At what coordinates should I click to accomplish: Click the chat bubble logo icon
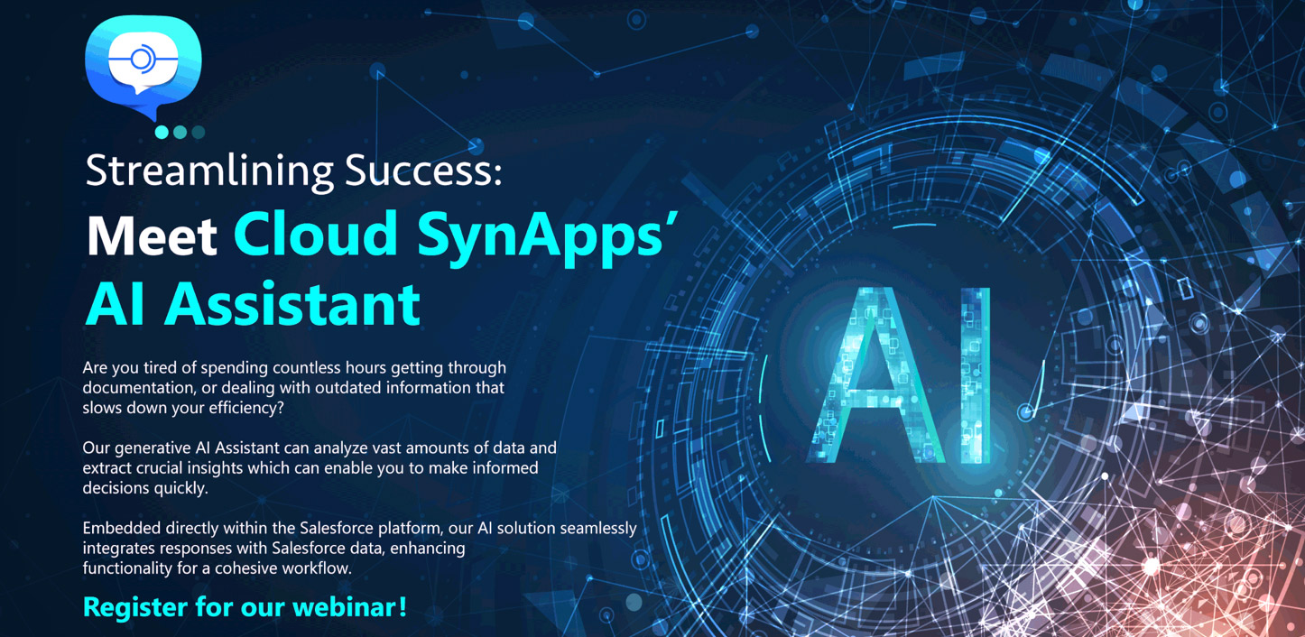pyautogui.click(x=143, y=65)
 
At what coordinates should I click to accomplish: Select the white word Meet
pyautogui.click(x=152, y=235)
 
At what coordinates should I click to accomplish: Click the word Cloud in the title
pyautogui.click(x=316, y=234)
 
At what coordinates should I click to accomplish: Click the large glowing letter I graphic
pyautogui.click(x=974, y=374)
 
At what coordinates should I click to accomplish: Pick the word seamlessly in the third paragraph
pyautogui.click(x=593, y=529)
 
